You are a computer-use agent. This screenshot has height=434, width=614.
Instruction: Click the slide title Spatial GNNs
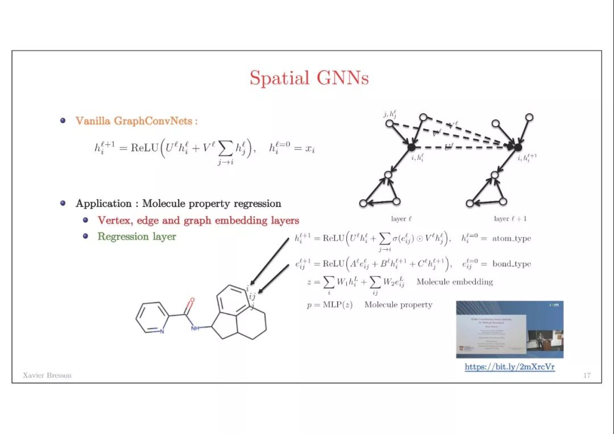309,78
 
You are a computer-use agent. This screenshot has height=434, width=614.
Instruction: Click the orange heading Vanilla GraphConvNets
136,121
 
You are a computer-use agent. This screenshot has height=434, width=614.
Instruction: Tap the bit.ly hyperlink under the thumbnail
509,367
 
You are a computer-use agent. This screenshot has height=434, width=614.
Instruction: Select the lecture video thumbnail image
509,329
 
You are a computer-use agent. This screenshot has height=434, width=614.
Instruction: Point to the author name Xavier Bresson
47,375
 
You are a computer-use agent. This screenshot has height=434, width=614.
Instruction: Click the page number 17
587,375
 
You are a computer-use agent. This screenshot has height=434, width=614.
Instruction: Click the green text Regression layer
136,237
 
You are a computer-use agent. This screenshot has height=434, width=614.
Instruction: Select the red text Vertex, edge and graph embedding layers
198,220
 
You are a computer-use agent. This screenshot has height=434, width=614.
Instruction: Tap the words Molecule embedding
454,282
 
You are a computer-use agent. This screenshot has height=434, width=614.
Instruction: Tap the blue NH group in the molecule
196,328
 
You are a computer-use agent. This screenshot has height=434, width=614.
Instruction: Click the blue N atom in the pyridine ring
162,331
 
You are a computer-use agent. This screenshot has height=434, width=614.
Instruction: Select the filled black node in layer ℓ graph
411,147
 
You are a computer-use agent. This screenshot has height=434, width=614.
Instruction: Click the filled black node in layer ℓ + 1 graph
518,147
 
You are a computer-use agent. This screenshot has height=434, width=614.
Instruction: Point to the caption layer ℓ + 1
510,219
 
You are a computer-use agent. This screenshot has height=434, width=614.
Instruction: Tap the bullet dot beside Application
63,203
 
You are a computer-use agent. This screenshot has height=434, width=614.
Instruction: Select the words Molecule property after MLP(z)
398,305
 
